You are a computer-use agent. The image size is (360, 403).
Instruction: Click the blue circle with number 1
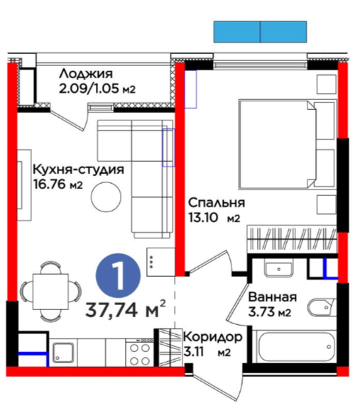(x=119, y=276)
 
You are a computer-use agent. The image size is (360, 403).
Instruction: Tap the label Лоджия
(x=86, y=74)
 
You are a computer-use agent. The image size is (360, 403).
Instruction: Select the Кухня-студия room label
(x=79, y=170)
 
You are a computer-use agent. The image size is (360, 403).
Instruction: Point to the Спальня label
(x=217, y=203)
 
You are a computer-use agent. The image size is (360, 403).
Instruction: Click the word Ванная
(x=273, y=297)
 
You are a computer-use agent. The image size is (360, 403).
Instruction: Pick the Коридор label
(x=212, y=337)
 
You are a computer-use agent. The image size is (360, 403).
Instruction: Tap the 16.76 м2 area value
(x=58, y=184)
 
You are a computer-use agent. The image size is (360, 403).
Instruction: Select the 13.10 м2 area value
(x=214, y=218)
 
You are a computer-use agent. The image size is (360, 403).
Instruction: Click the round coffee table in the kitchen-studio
(x=106, y=197)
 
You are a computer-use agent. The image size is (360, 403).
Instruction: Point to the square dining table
(x=50, y=292)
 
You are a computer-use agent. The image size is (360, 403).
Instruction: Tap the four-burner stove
(x=140, y=353)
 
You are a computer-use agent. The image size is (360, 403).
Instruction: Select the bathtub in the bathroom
(x=294, y=347)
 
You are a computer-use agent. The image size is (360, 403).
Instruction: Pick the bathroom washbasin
(x=279, y=268)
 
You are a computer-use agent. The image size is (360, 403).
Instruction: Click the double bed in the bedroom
(x=288, y=145)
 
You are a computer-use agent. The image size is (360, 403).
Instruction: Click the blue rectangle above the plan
(x=260, y=32)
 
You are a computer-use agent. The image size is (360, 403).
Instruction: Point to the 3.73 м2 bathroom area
(x=270, y=312)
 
